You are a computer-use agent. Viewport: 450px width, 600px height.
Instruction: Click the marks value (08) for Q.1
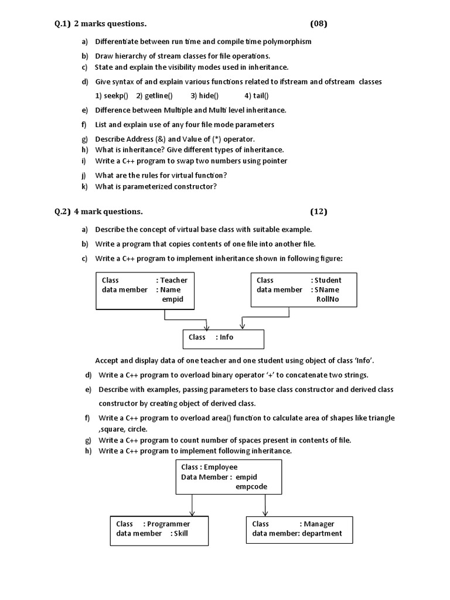[319, 23]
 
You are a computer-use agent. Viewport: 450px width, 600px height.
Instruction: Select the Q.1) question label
[59, 23]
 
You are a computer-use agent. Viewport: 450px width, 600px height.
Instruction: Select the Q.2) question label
[59, 212]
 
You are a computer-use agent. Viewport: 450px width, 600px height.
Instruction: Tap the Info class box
[224, 338]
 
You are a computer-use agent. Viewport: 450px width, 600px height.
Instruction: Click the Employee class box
[229, 476]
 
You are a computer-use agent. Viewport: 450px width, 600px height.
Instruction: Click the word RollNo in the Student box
[328, 299]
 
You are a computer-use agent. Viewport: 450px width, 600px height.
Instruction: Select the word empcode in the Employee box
[250, 486]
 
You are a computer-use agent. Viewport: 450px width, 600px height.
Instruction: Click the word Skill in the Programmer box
[181, 533]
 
